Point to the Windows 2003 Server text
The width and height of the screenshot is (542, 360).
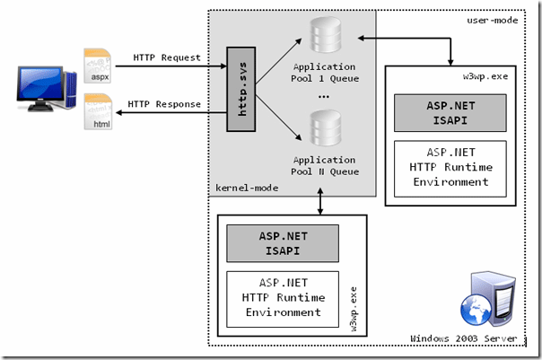(x=464, y=338)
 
